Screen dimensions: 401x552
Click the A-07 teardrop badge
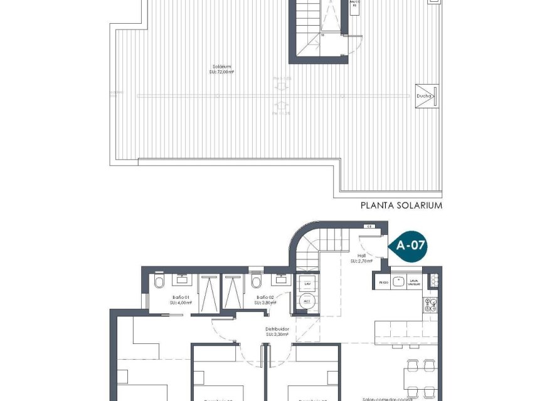coord(410,246)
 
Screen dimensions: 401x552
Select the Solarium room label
coord(221,66)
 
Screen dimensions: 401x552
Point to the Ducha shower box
coord(425,96)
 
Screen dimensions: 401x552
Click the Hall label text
coord(362,255)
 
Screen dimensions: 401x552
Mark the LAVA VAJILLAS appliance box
coord(413,282)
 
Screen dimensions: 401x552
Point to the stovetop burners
coord(432,305)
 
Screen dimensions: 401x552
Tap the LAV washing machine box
coord(307,283)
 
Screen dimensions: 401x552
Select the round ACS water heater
coord(307,302)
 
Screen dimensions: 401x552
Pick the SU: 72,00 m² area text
coord(221,73)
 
